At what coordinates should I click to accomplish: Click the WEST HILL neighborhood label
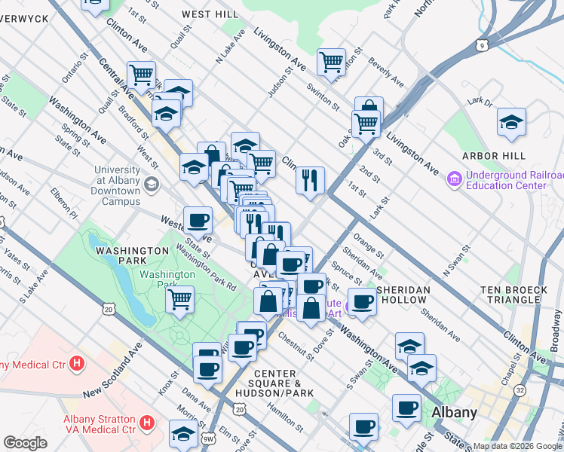[x=210, y=14]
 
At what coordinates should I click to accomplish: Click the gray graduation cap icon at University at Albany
[x=152, y=185]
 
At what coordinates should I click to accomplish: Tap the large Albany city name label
[x=454, y=413]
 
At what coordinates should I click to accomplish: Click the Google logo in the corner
[x=25, y=443]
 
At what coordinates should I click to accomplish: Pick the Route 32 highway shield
[x=520, y=390]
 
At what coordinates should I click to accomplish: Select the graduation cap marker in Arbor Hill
[x=511, y=121]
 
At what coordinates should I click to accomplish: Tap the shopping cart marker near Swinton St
[x=331, y=62]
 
